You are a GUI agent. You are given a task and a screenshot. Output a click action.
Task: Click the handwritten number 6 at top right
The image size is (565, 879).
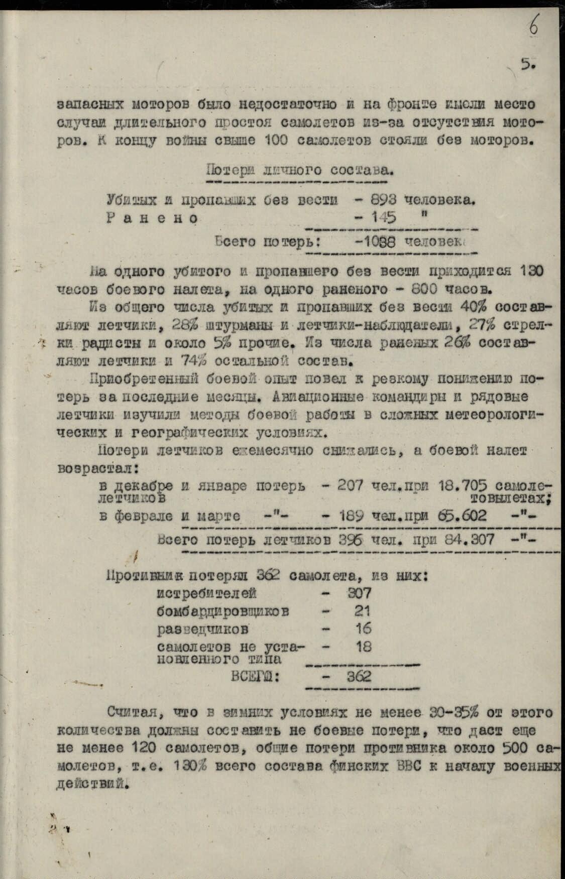(533, 25)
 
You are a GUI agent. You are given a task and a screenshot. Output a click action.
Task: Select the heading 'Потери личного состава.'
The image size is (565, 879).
(299, 170)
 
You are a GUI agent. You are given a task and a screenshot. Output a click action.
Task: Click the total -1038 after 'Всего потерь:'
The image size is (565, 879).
(375, 241)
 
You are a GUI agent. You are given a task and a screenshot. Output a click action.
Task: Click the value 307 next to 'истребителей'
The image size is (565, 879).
(360, 593)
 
